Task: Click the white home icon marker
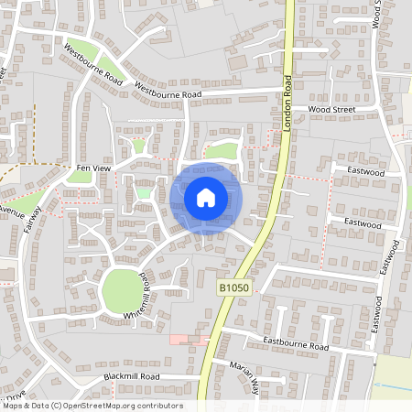coord(205,197)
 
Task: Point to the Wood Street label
coord(331,110)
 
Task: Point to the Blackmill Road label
coord(132,376)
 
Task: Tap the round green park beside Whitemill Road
coord(121,291)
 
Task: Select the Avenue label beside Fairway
coord(12,211)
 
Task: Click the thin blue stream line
coord(394,385)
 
